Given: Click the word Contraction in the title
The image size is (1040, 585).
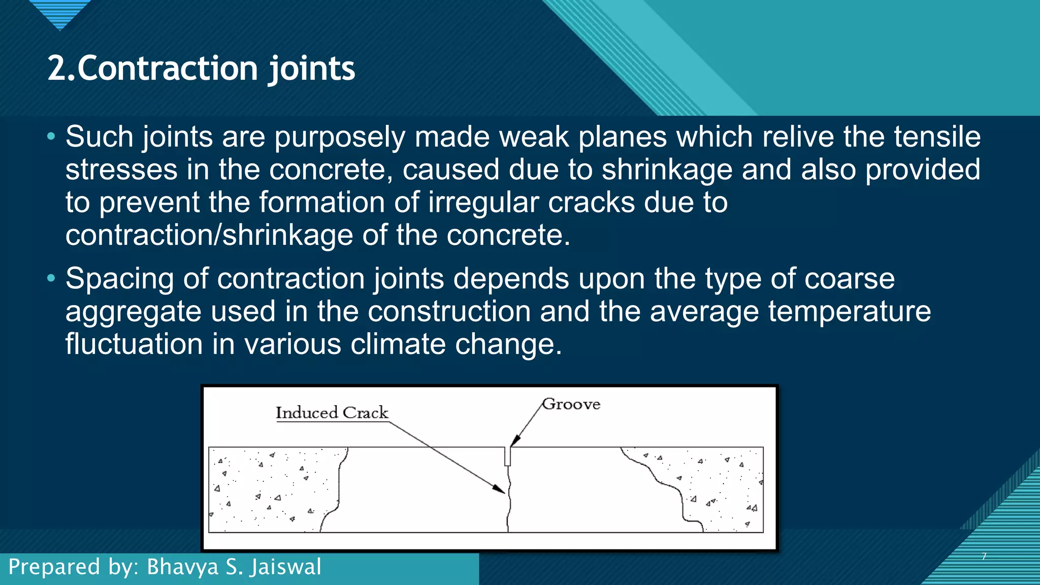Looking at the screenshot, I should pos(167,69).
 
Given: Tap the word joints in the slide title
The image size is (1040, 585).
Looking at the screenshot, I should pos(311,70).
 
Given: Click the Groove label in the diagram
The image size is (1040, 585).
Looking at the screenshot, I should pos(571,404).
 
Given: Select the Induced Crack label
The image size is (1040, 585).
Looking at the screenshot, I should pos(332,412).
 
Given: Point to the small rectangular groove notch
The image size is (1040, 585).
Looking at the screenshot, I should pos(507,456).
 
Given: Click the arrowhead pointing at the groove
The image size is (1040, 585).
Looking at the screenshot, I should pos(515,441).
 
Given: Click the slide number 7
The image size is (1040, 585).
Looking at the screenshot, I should pos(984,557).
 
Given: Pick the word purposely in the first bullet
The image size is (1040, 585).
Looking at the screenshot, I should pos(340,137).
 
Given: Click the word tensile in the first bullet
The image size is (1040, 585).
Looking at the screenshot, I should pos(937,137).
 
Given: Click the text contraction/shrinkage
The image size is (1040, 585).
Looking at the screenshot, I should pos(209,235).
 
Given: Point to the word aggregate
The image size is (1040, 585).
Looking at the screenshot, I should pos(133,312).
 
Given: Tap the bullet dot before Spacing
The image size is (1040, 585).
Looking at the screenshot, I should pos(51,278).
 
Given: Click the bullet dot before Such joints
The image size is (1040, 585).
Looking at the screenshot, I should pos(51,137).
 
